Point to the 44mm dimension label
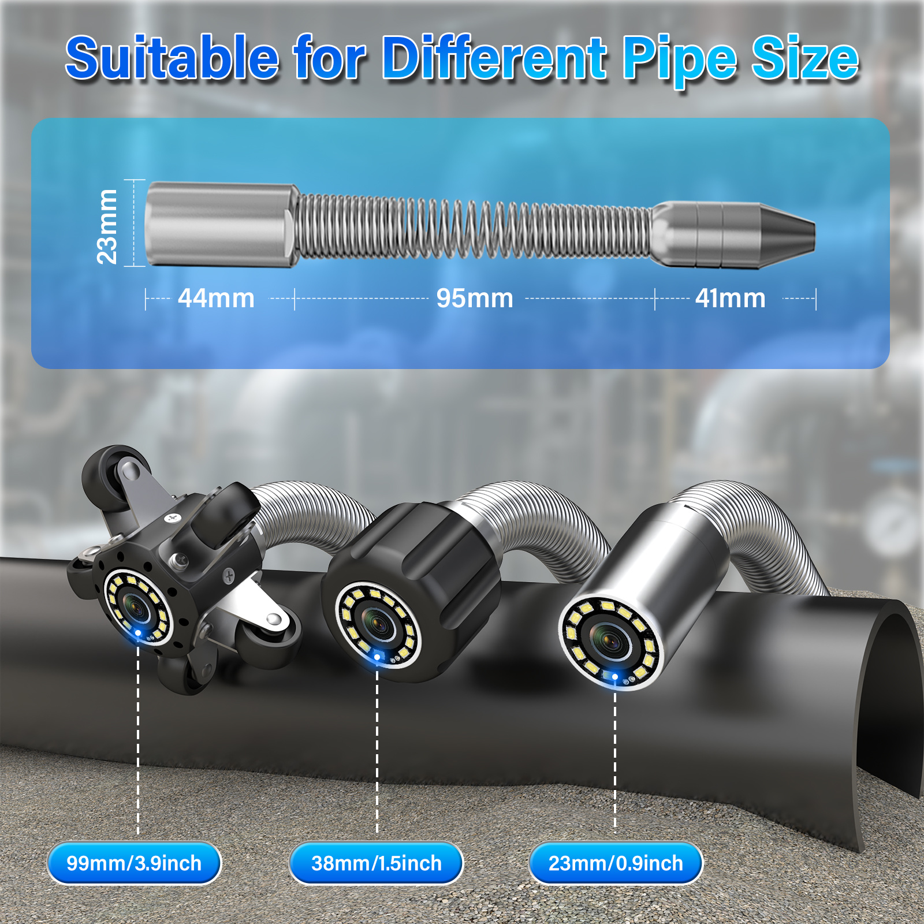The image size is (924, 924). pyautogui.click(x=216, y=299)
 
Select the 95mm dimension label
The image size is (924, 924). pyautogui.click(x=475, y=299)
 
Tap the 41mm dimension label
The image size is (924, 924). pyautogui.click(x=731, y=299)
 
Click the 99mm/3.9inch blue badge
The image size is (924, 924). pyautogui.click(x=134, y=863)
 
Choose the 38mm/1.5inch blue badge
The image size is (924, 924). pyautogui.click(x=376, y=863)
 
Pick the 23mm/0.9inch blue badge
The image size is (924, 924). pyautogui.click(x=616, y=863)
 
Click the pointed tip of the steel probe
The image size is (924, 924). pyautogui.click(x=814, y=236)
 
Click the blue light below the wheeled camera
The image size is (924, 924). pyautogui.click(x=138, y=634)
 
